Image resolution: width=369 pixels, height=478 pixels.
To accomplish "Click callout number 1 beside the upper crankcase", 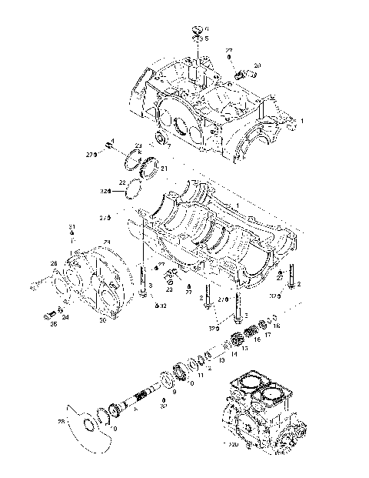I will [x=302, y=122].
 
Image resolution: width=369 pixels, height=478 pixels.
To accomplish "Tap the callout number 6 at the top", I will [x=206, y=28].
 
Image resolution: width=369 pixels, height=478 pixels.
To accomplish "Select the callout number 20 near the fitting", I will [x=257, y=65].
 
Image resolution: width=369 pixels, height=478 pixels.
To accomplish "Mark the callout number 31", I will [x=71, y=226].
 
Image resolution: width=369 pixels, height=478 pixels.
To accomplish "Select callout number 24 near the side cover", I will [x=65, y=317].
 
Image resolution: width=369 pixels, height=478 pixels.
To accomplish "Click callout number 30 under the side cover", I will [x=103, y=321].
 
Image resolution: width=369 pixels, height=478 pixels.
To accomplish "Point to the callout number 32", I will [x=163, y=306].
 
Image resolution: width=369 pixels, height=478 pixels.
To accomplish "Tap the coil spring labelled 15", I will [x=251, y=333].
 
